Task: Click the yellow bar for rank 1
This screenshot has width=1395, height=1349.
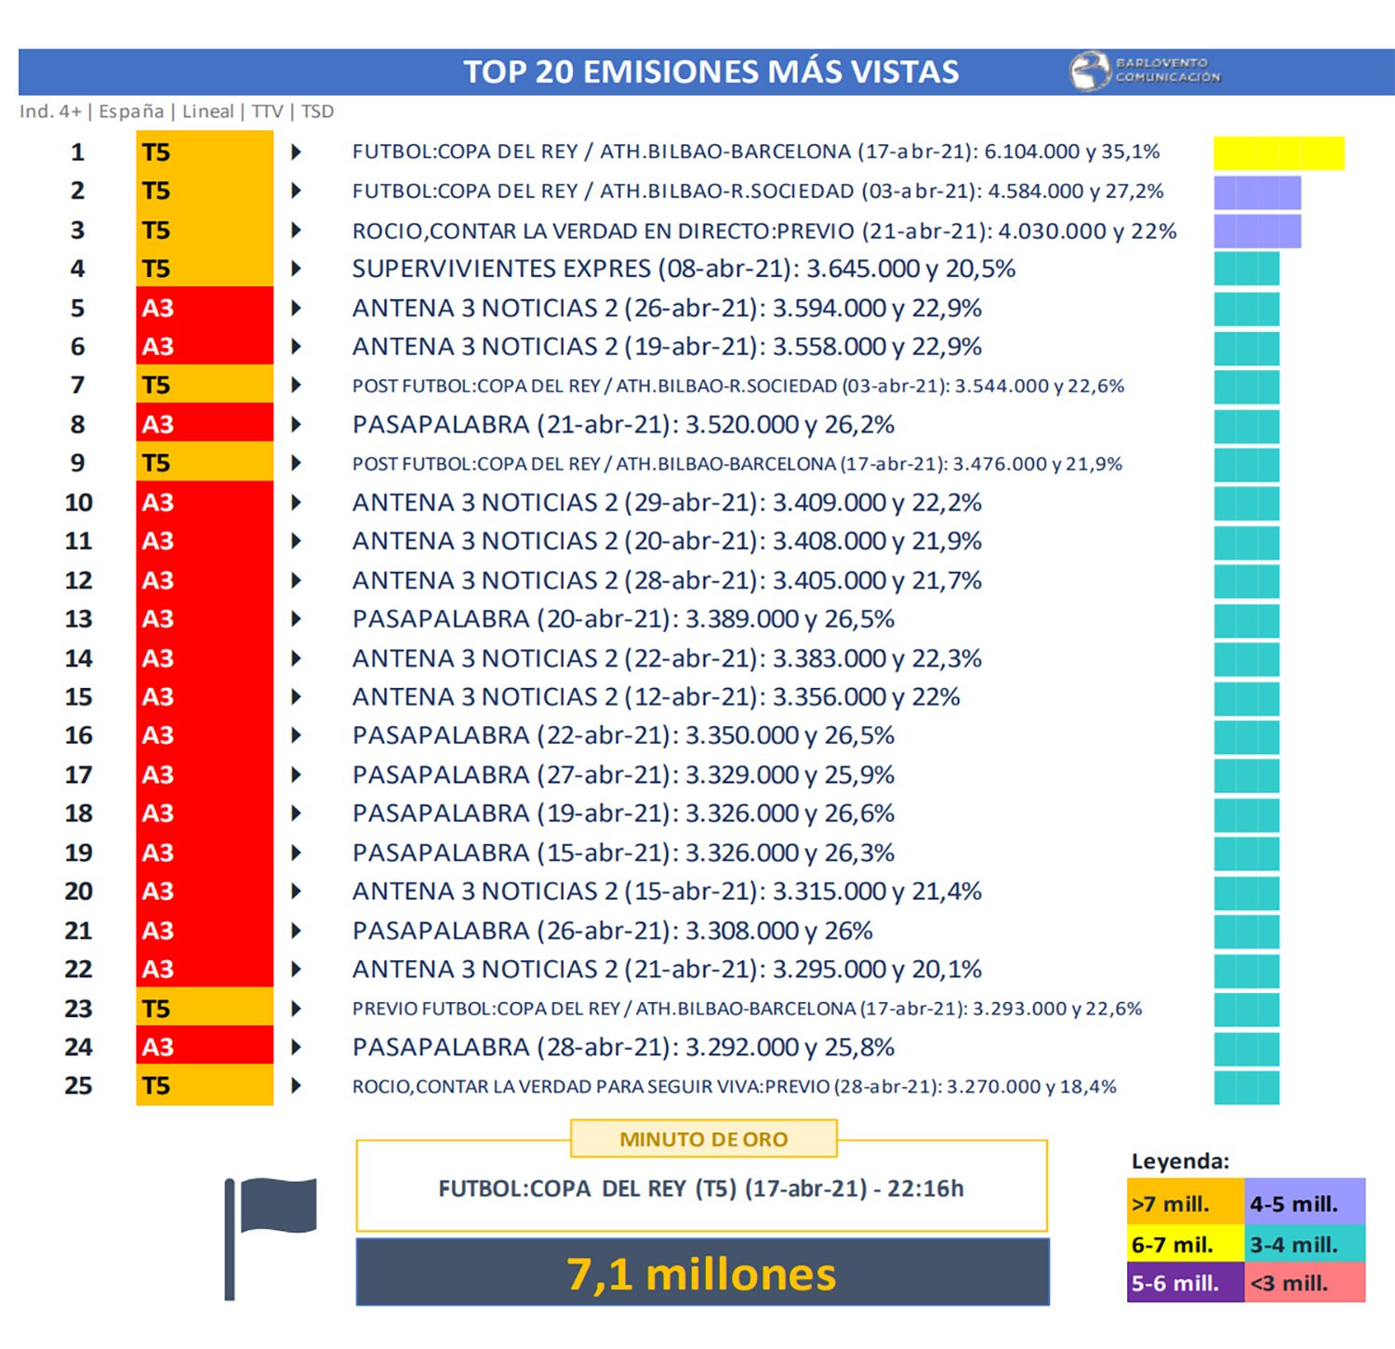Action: (1278, 152)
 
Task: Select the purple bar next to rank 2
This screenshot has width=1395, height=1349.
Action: (1256, 192)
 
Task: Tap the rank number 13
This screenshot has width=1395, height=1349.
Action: (78, 619)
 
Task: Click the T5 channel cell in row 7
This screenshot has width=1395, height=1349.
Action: (204, 385)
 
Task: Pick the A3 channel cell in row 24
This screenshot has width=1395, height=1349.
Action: (204, 1047)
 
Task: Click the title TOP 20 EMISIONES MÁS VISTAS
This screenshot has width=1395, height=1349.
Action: (711, 72)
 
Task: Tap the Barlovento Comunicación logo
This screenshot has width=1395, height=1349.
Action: (1146, 71)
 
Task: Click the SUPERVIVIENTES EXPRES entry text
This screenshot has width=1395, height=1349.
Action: (684, 269)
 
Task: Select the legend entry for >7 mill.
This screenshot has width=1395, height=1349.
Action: (1184, 1204)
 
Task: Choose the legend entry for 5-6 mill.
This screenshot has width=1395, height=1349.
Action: (1184, 1283)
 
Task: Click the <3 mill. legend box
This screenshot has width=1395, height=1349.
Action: (1304, 1283)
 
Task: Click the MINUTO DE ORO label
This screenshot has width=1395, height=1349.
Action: (703, 1139)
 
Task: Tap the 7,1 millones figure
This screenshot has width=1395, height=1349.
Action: (702, 1273)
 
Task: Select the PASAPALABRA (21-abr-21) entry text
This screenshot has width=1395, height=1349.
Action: (623, 425)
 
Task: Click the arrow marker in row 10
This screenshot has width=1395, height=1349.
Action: (296, 502)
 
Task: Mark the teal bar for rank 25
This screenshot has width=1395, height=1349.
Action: (1246, 1087)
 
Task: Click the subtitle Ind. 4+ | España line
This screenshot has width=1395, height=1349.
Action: (177, 112)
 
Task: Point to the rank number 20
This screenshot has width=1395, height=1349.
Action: (78, 892)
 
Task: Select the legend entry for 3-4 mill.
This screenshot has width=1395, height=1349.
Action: (1304, 1244)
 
